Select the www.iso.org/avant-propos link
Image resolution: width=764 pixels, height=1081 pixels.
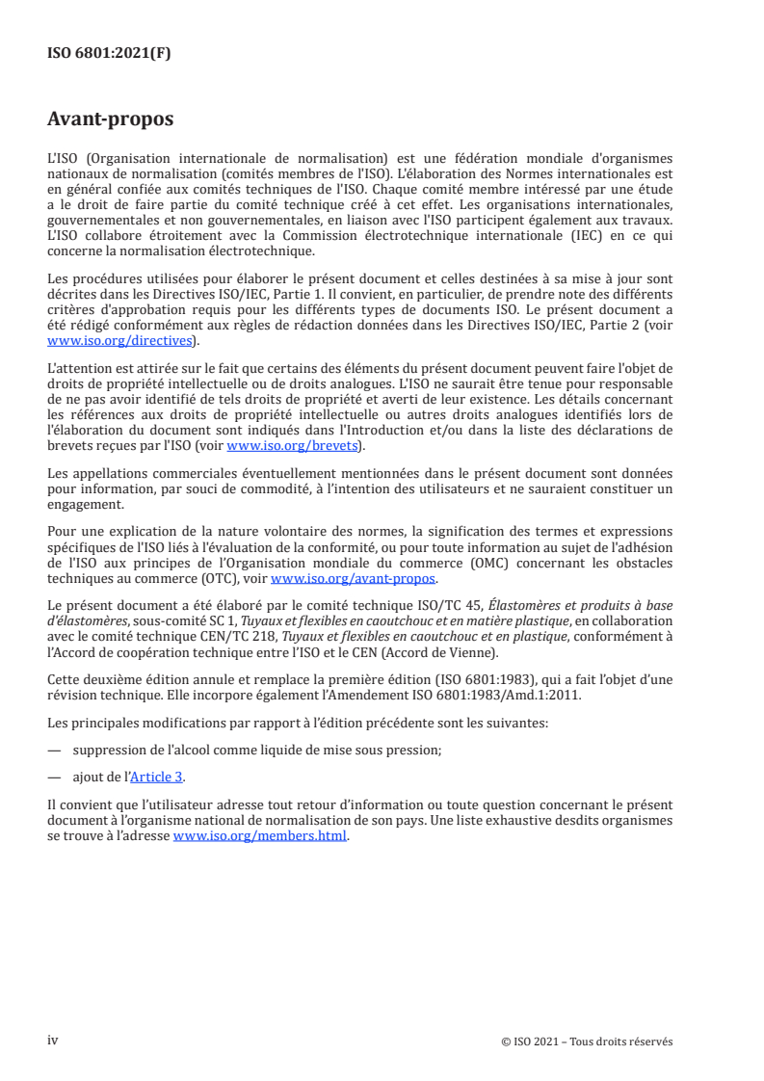(354, 579)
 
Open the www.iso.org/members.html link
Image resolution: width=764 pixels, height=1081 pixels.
(259, 837)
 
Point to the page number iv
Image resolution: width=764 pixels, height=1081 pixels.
(53, 1041)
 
